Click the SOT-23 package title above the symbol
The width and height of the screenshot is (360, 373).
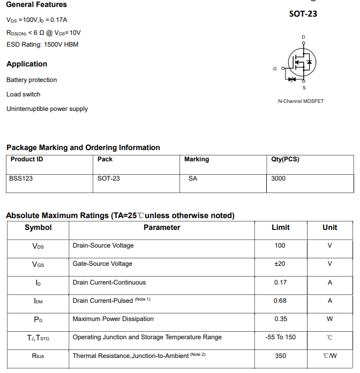click(303, 14)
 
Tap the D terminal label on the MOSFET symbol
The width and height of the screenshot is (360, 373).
click(303, 37)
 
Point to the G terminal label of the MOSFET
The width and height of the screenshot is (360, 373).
click(275, 69)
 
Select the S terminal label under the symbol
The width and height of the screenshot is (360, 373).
click(304, 87)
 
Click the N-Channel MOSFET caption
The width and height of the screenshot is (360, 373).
click(301, 101)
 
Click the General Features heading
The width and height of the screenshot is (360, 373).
click(36, 5)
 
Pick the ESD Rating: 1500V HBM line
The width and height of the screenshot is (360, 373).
click(42, 44)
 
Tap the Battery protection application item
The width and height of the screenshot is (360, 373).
click(32, 80)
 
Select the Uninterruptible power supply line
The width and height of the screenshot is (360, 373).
click(47, 109)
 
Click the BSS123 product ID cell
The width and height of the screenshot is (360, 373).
click(21, 178)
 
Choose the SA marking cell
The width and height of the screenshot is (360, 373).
click(193, 178)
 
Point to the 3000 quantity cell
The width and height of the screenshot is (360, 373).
click(279, 178)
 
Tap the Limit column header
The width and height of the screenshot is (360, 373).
click(281, 227)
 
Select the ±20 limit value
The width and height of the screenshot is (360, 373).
click(280, 264)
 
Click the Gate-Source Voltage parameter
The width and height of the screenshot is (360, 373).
click(102, 264)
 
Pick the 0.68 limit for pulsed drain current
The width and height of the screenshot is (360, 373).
click(280, 301)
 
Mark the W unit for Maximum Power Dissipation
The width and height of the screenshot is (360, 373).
click(329, 319)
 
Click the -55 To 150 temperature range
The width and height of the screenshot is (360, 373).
click(280, 337)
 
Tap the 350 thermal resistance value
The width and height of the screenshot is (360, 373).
click(280, 356)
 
